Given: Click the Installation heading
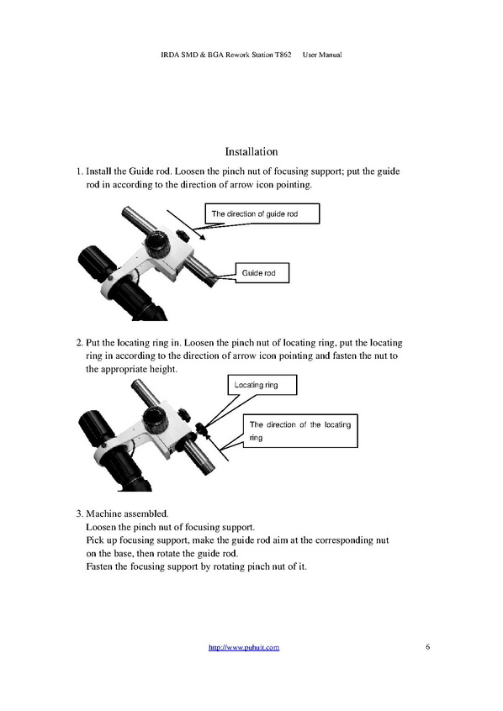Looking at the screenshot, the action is click(251, 151).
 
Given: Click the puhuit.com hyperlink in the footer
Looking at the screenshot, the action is click(244, 647).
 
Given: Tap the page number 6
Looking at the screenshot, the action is click(427, 646).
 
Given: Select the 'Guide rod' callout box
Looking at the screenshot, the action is click(262, 273).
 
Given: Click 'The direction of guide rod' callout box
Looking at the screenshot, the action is click(262, 213).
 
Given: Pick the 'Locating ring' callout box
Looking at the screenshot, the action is click(262, 385).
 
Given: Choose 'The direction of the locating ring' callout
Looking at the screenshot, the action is click(300, 431).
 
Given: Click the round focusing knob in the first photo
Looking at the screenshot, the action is click(157, 244).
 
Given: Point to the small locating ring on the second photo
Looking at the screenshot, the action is click(200, 427).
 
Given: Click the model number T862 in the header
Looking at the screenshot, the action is click(283, 55).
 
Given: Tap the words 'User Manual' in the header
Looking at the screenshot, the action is click(322, 55).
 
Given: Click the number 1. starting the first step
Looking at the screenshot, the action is click(79, 171).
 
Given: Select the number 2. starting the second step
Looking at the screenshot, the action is click(79, 343).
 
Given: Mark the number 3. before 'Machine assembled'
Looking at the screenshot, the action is click(79, 513).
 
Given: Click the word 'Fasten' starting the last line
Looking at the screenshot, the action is click(99, 566).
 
